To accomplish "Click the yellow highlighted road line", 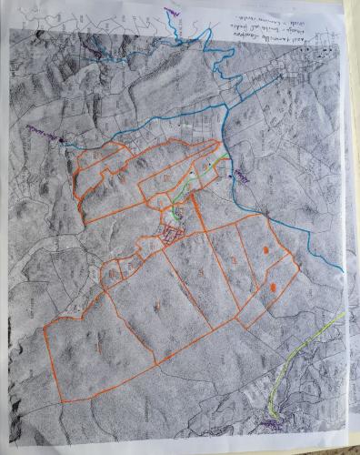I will (x=309, y=350).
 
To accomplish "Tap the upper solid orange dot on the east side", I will (x=265, y=248).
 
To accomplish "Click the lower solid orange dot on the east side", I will (x=274, y=288).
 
